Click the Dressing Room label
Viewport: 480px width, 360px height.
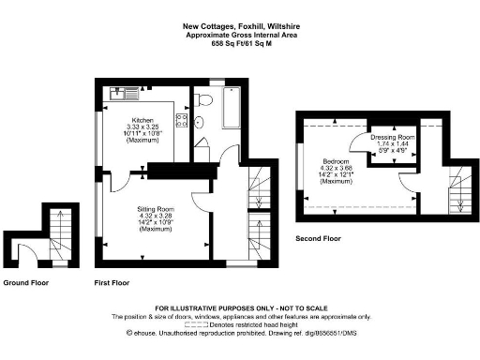click(388, 137)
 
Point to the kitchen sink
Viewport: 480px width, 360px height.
click(123, 93)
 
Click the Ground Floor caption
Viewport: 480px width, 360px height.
click(27, 282)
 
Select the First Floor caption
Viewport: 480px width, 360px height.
click(112, 282)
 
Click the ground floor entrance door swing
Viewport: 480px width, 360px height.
click(29, 251)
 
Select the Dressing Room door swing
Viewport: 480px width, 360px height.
click(358, 145)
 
